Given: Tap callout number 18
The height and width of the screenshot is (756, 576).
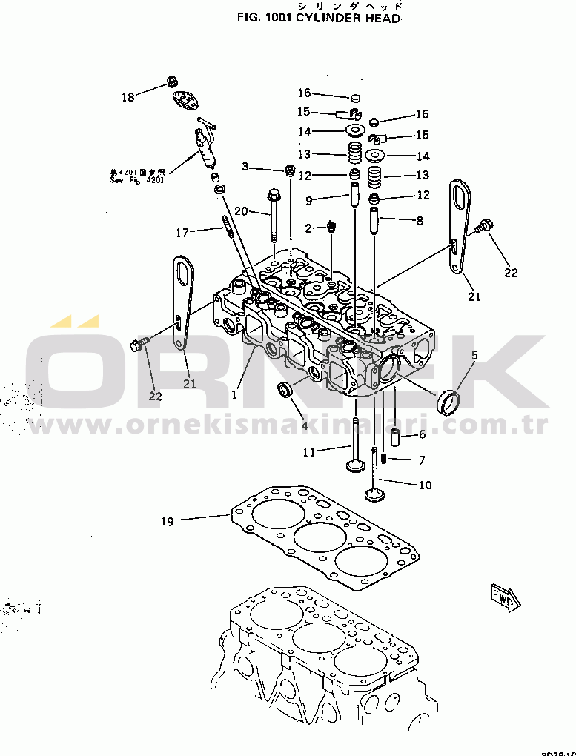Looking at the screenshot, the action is pos(128,97).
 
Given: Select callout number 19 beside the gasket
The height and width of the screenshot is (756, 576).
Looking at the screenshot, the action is pos(167,522).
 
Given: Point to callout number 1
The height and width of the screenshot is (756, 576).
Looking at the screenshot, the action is pos(234,395).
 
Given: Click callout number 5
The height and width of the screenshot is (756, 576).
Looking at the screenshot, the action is pos(474,356).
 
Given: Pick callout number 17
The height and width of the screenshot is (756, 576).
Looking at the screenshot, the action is pos(182,233).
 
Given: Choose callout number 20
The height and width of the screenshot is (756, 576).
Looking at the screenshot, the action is pos(241,210).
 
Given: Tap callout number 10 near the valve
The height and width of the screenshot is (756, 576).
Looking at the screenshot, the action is pos(425,485).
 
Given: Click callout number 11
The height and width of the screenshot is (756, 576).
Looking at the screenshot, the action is pos(308,451).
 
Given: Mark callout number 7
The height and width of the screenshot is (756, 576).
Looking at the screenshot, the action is pos(422,460).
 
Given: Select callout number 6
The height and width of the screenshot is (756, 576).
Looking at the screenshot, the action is pos(422,435).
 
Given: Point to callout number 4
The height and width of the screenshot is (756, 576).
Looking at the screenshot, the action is pos(304,425).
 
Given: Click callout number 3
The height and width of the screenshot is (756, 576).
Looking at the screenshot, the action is pos(245,167).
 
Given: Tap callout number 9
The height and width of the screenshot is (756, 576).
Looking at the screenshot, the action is pos(308,199).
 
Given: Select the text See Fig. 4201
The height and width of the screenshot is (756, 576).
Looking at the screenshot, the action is pos(137,179).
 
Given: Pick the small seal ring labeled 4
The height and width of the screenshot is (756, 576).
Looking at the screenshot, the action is pos(284,389).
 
